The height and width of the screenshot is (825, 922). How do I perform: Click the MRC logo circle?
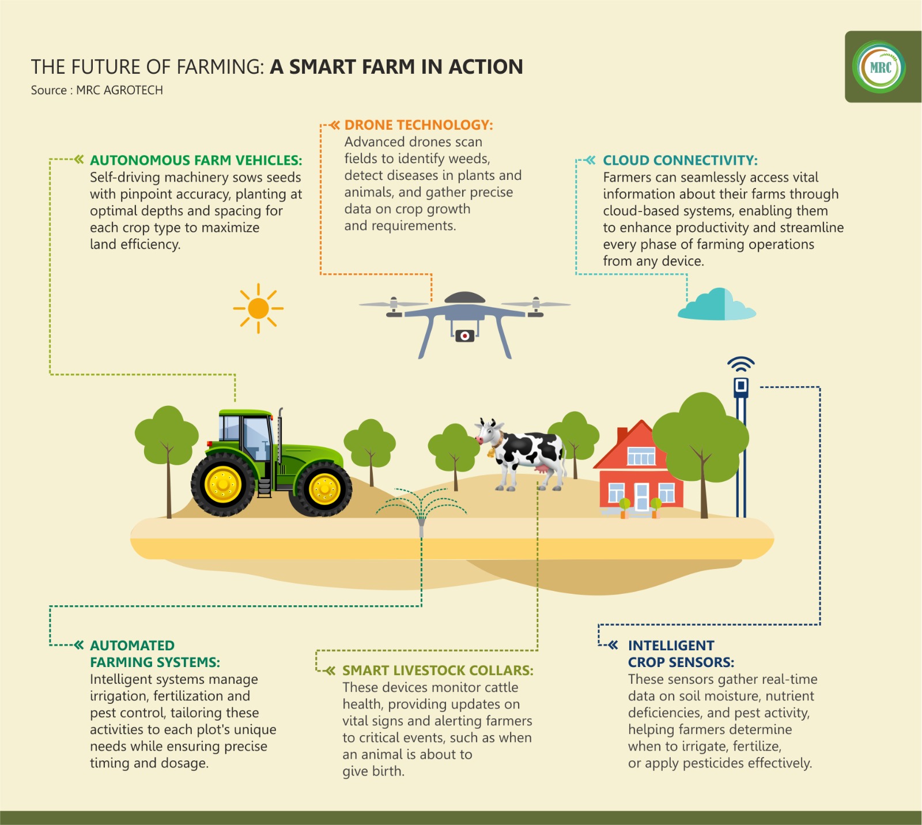tap(879, 67)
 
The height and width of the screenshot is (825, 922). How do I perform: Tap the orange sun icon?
tap(258, 308)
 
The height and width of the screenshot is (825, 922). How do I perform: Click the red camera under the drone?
tap(464, 336)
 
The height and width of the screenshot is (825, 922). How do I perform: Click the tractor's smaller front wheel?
tap(324, 489)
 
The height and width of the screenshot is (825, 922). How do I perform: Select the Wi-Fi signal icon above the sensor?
tap(741, 364)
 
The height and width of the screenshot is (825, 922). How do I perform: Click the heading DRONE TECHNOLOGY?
tap(419, 125)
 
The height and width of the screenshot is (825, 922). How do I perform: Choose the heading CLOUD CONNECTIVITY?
tap(681, 160)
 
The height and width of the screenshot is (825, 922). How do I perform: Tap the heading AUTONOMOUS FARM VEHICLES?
tap(196, 160)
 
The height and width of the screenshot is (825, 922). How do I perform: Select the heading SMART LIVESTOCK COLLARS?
tap(438, 670)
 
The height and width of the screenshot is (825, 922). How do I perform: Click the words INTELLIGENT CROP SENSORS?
tap(681, 654)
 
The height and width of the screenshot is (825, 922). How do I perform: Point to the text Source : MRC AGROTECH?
tap(97, 91)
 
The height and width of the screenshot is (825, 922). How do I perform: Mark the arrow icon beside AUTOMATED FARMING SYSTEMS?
tap(79, 645)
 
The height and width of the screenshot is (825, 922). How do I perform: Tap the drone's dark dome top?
tap(464, 297)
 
